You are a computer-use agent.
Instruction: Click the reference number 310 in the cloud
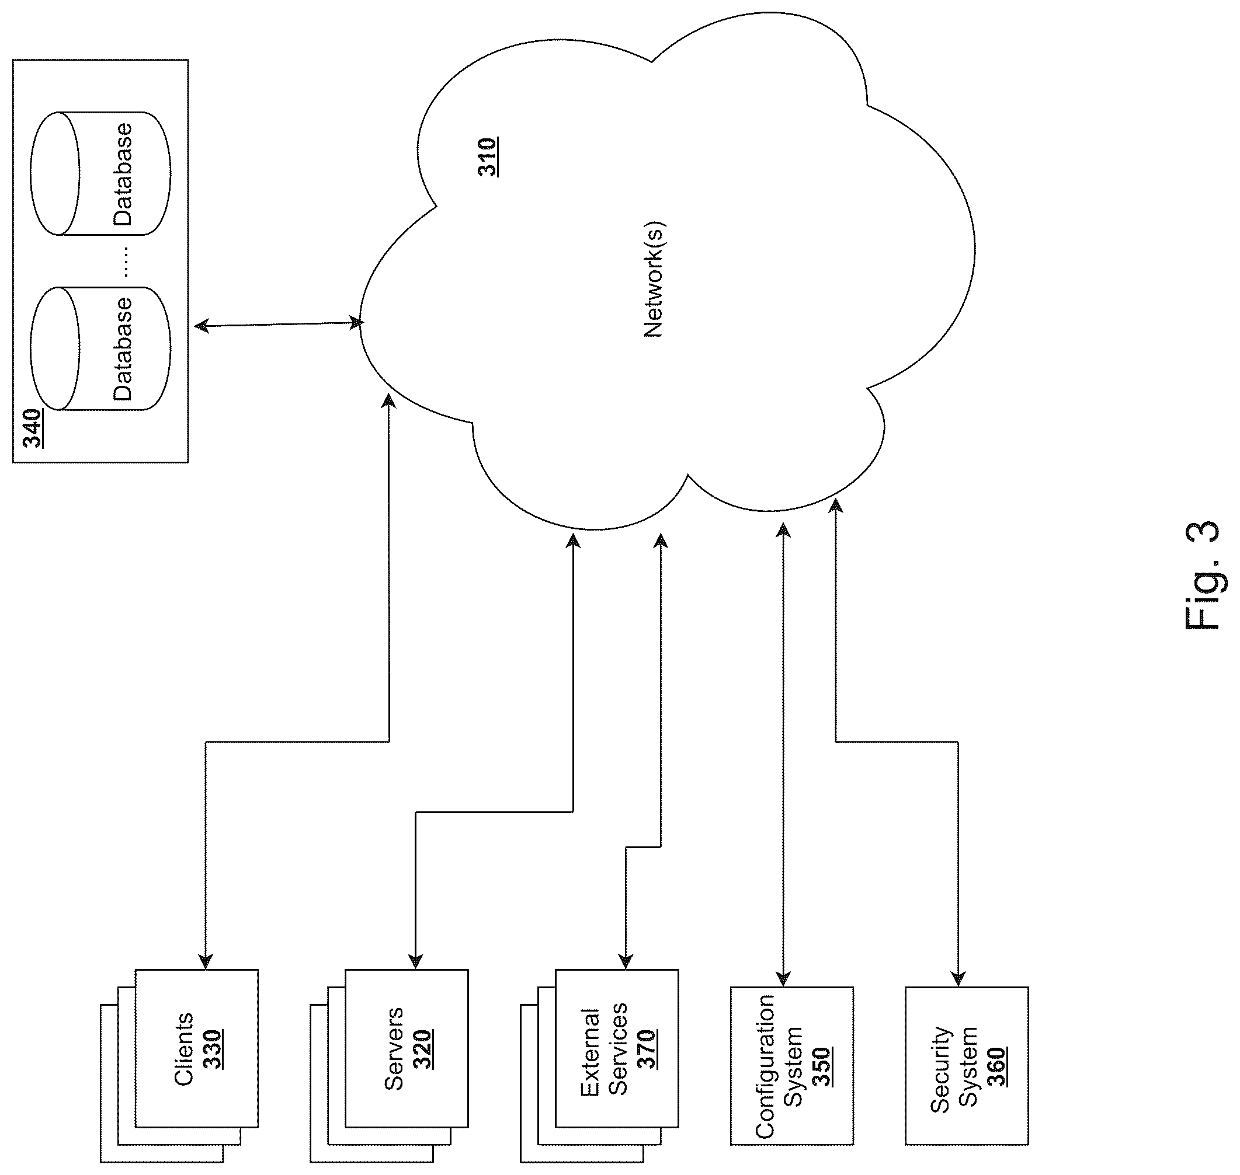[x=488, y=156]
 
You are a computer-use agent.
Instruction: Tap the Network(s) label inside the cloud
[x=654, y=280]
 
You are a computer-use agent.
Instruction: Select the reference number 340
[x=32, y=428]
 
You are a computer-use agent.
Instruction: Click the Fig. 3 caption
[x=1203, y=576]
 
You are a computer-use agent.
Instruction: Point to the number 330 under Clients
[x=212, y=1049]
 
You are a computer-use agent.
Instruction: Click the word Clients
[x=183, y=1049]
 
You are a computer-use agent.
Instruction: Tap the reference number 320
[x=422, y=1049]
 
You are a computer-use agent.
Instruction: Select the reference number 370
[x=646, y=1049]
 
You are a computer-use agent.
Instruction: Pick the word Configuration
[x=765, y=1066]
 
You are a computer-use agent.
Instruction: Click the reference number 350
[x=821, y=1066]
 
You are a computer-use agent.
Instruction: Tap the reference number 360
[x=996, y=1066]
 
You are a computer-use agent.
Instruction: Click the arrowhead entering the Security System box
[x=958, y=979]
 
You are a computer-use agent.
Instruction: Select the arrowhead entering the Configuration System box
[x=783, y=979]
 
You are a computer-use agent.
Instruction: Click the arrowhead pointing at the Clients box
[x=206, y=961]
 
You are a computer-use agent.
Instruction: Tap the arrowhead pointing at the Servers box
[x=416, y=961]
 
